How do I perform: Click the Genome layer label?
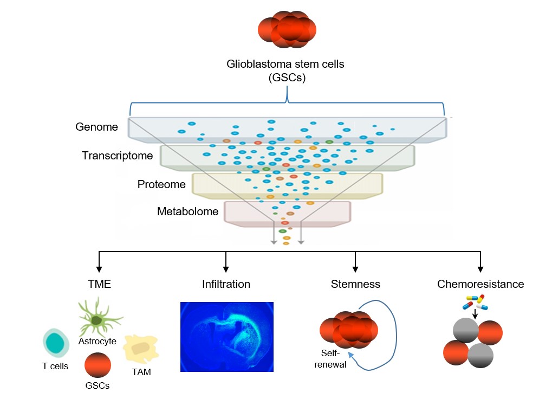(x=96, y=127)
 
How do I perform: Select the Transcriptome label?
(x=117, y=156)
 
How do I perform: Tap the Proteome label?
(x=161, y=184)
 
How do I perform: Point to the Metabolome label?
(x=187, y=211)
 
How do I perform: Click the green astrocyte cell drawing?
(x=99, y=318)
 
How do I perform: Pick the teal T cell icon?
(x=56, y=343)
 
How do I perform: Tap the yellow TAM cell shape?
(x=141, y=349)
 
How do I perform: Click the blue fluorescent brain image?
(x=227, y=337)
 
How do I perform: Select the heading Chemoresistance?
(x=480, y=284)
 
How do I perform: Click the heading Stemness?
(x=355, y=284)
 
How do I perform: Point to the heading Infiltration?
(x=226, y=284)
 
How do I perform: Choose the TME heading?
(x=99, y=284)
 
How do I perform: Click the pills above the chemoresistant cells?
(x=475, y=302)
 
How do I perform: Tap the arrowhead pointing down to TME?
(x=99, y=269)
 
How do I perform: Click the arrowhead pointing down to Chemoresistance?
(x=480, y=269)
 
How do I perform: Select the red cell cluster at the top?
(x=287, y=29)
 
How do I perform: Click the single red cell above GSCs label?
(x=98, y=365)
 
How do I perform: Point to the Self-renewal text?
(x=330, y=359)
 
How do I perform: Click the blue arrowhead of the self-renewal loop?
(x=350, y=354)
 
